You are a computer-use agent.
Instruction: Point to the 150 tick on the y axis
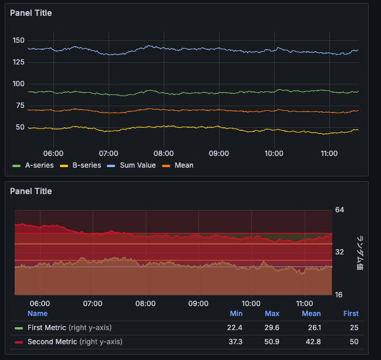18,40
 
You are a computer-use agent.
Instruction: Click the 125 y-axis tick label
18,62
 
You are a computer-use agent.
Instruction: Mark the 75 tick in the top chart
20,106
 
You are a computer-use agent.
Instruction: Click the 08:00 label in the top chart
164,153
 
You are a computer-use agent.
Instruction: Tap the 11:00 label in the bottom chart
304,304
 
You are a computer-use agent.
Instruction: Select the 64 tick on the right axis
339,210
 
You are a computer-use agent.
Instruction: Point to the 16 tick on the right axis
339,295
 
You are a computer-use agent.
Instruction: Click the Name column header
38,314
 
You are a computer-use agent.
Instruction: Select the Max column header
272,314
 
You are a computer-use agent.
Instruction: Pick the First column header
350,314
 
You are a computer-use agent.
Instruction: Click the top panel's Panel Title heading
31,13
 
